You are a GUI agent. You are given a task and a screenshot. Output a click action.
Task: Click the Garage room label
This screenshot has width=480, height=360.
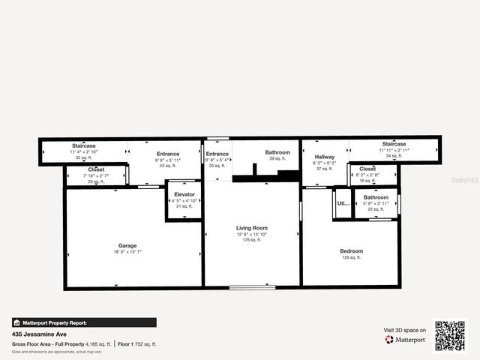point(127,245)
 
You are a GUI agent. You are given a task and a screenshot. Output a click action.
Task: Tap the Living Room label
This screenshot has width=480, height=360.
point(252,228)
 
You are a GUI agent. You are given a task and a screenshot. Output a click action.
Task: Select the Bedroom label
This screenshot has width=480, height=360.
point(351,251)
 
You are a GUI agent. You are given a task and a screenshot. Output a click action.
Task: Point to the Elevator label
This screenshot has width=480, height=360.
point(184,195)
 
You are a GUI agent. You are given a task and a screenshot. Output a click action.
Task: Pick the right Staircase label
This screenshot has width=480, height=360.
point(394,144)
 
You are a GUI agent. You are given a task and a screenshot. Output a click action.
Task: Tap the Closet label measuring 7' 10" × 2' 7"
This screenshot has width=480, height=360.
point(96,169)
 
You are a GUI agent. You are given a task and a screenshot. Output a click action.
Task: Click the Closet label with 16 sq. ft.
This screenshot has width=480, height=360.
point(367,169)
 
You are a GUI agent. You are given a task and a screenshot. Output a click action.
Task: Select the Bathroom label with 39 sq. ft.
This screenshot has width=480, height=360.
point(277,152)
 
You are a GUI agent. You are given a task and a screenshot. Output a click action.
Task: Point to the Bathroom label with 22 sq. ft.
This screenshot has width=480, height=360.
point(376,197)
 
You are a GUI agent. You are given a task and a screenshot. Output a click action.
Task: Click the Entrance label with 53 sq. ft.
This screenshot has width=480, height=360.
point(167,154)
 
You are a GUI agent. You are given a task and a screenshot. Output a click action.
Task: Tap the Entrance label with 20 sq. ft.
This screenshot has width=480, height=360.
point(217,154)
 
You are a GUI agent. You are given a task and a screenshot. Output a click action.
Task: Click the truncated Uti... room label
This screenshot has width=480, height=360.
point(343,203)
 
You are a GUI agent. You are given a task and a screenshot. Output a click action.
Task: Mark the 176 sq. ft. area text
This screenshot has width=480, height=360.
point(252,241)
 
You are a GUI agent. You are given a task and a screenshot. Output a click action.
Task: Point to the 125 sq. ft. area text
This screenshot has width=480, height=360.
point(351,257)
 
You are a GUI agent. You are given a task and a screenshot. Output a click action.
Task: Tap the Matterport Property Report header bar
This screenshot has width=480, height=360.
point(84,322)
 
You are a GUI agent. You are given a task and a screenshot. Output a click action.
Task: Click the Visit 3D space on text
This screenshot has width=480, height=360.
point(405,330)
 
